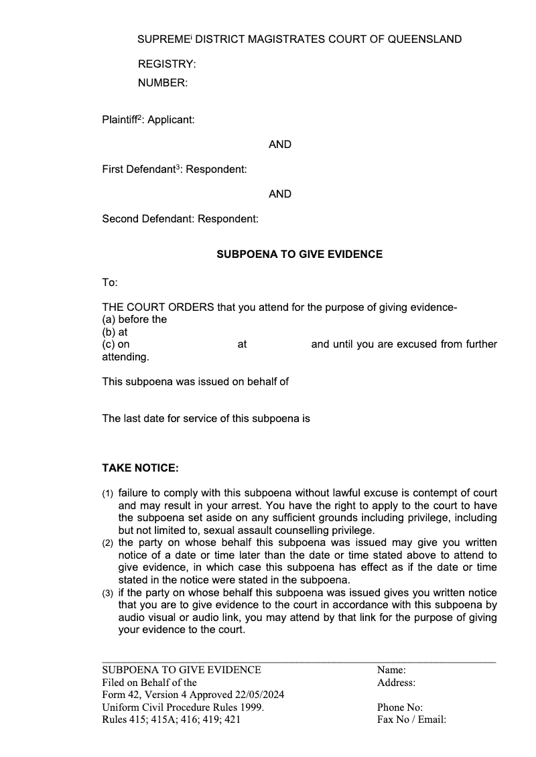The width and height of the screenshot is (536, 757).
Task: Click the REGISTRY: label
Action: [167, 64]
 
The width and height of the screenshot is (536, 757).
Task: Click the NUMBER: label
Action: [163, 83]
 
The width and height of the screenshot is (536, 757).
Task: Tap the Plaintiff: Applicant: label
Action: [148, 120]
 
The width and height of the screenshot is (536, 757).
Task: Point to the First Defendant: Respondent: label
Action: [174, 169]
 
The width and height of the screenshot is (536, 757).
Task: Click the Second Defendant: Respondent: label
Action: [180, 219]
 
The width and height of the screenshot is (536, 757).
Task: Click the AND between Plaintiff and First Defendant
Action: [280, 145]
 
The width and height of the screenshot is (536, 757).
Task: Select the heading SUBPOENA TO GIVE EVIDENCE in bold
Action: [299, 255]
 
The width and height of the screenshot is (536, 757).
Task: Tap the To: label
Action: [110, 283]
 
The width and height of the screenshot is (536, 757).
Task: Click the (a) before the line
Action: [134, 320]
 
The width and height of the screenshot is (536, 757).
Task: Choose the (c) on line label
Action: [116, 344]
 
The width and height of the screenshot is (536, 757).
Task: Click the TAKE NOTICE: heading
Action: [140, 468]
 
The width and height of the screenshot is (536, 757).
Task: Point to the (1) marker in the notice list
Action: [108, 494]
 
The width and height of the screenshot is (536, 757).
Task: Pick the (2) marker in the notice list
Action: [108, 543]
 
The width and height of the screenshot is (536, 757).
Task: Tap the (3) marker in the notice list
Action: [108, 594]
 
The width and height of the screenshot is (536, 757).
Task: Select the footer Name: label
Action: [391, 670]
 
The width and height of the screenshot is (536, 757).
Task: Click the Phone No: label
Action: [400, 707]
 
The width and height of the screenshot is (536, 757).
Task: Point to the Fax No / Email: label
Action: [411, 720]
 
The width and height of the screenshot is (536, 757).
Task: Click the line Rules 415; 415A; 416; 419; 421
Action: [171, 720]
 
